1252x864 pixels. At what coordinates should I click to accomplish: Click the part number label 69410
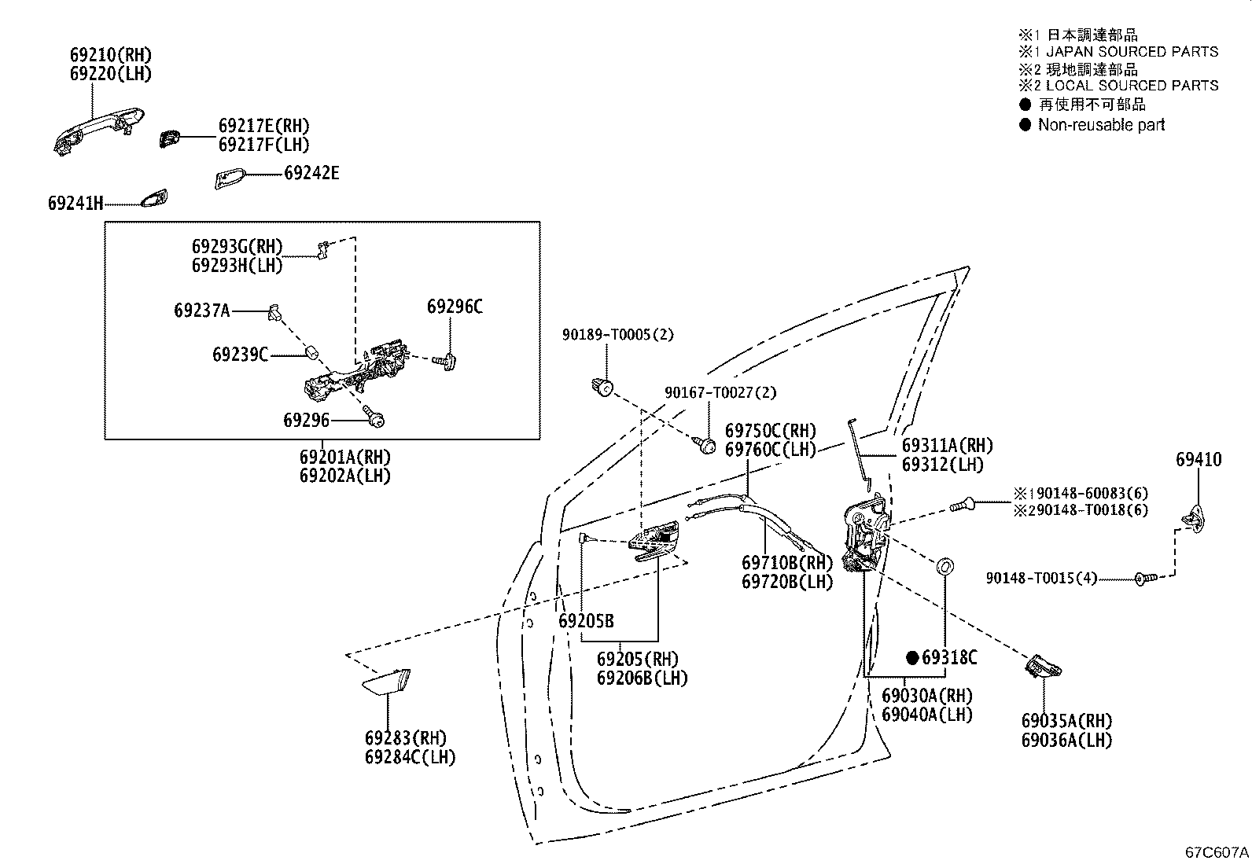click(1199, 459)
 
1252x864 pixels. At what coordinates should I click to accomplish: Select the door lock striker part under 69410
click(1195, 519)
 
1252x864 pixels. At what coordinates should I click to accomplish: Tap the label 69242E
click(311, 173)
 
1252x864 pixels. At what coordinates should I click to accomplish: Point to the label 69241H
click(75, 204)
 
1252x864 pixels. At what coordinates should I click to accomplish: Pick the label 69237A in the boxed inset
click(202, 311)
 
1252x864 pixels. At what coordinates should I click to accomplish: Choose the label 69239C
click(241, 355)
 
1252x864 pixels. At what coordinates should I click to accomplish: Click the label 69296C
click(455, 307)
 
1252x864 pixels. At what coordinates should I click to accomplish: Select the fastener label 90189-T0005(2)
click(618, 334)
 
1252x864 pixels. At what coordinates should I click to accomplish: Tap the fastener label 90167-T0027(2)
click(720, 392)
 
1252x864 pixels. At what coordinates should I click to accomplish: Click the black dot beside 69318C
click(912, 658)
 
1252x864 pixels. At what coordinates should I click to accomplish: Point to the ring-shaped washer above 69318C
click(945, 566)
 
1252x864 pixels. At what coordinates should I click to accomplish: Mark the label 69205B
click(587, 621)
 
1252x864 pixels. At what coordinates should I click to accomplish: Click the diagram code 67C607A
click(1217, 852)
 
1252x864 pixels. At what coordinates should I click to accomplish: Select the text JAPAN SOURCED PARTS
click(1132, 52)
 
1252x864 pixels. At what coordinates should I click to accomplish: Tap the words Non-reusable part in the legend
click(1101, 125)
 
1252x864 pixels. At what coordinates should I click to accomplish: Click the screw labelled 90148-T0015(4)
click(1146, 579)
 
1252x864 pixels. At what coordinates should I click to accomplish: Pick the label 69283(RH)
click(406, 738)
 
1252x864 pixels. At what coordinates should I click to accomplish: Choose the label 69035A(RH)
click(1067, 721)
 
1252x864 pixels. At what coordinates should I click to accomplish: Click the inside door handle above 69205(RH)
click(654, 540)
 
